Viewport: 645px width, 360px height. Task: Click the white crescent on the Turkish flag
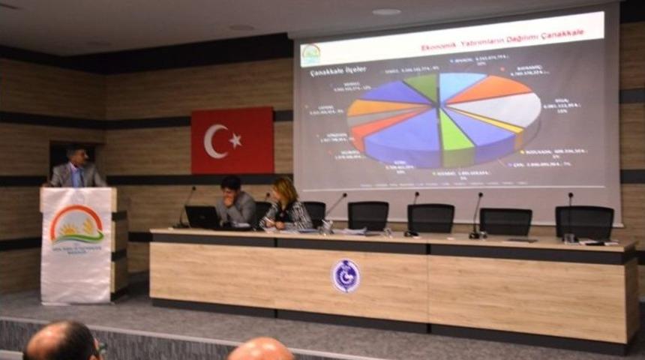pyautogui.click(x=213, y=141)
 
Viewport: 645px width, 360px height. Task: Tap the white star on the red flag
pyautogui.click(x=235, y=140)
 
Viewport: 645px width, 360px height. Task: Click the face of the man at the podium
pyautogui.click(x=76, y=157)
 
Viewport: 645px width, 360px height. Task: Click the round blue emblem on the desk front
pyautogui.click(x=346, y=275)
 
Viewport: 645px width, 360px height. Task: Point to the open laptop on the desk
pyautogui.click(x=202, y=217)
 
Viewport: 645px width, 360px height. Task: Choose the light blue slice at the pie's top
pyautogui.click(x=457, y=84)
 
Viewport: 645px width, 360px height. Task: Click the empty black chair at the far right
pyautogui.click(x=584, y=222)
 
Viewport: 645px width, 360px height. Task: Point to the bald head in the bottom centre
pyautogui.click(x=261, y=349)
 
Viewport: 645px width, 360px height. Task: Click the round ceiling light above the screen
pyautogui.click(x=386, y=11)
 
